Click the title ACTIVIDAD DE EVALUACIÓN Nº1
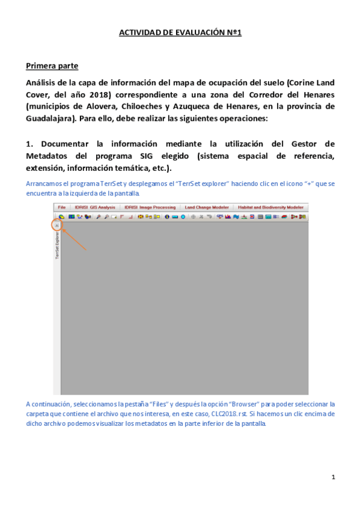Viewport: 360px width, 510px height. click(180, 33)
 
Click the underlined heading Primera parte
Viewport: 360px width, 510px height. click(52, 65)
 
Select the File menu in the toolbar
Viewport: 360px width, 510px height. click(61, 207)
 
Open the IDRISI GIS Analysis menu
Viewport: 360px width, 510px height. click(94, 207)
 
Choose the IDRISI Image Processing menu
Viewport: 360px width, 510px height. click(150, 207)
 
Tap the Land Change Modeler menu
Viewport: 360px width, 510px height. click(206, 207)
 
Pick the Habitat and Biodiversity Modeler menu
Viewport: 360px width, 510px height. click(270, 207)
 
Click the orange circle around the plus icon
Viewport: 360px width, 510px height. click(56, 225)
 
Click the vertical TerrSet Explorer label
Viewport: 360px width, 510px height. click(57, 246)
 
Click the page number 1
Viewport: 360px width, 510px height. click(332, 476)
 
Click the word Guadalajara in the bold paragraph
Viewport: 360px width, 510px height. click(50, 118)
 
